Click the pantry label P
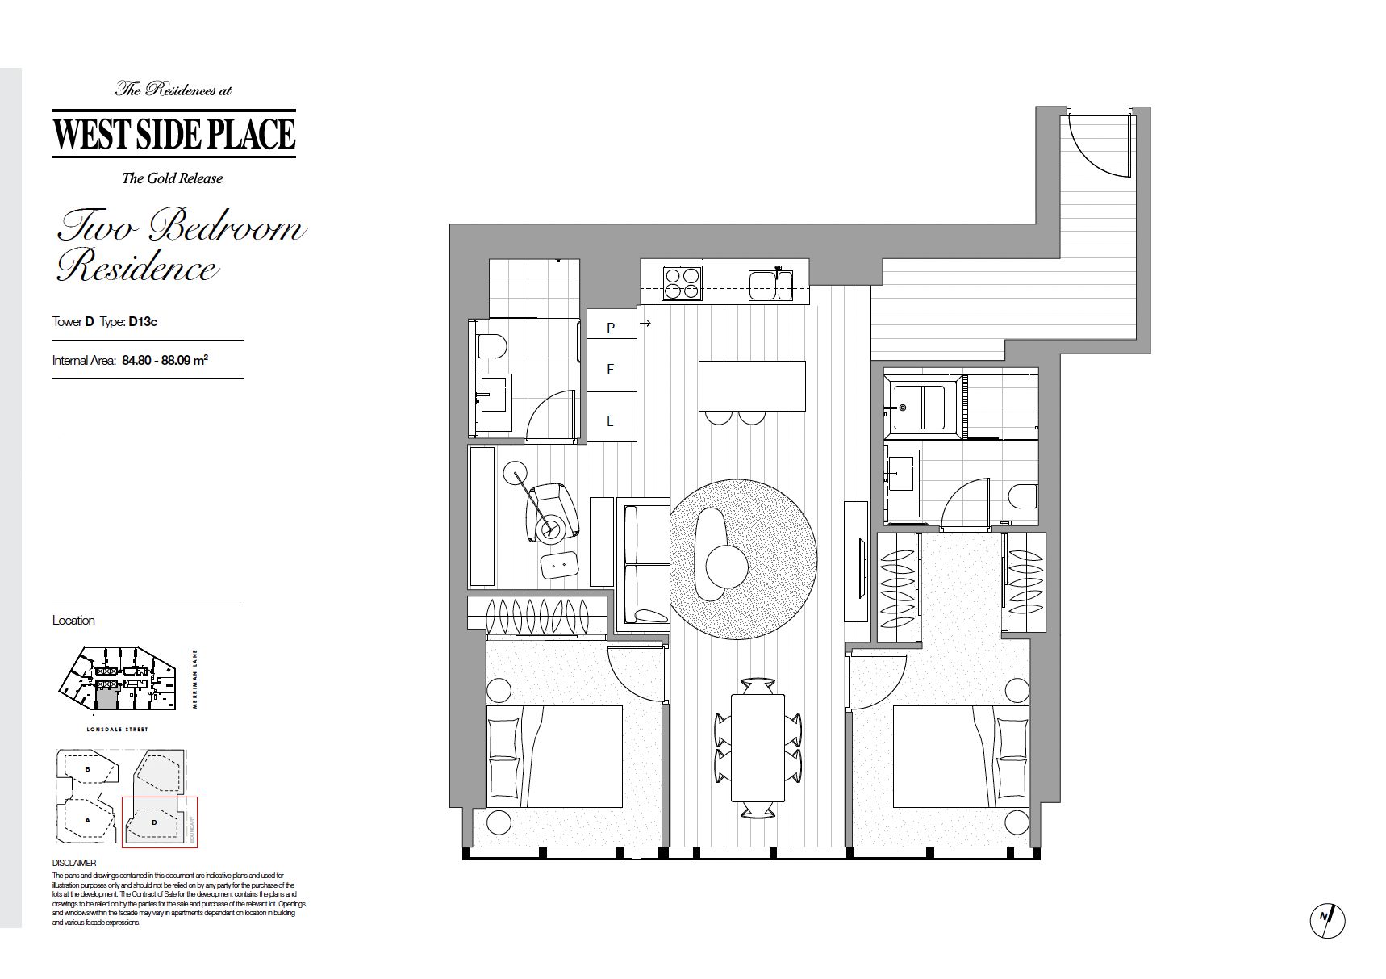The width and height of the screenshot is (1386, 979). click(611, 328)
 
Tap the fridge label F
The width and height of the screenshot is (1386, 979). click(611, 370)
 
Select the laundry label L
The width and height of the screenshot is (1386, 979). click(611, 420)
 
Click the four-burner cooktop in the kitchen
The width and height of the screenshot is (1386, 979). click(681, 283)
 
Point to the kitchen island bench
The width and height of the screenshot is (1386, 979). click(752, 386)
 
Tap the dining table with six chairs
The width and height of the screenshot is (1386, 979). click(758, 747)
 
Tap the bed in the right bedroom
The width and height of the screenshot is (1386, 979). click(961, 756)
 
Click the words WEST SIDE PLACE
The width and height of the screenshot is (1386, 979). click(174, 135)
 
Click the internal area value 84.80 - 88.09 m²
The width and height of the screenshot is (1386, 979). click(165, 360)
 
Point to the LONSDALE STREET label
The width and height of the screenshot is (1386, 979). click(117, 730)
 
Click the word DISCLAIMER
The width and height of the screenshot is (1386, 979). click(74, 863)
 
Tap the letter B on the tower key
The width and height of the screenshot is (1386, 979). click(87, 769)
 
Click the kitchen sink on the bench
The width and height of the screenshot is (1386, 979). click(770, 284)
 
